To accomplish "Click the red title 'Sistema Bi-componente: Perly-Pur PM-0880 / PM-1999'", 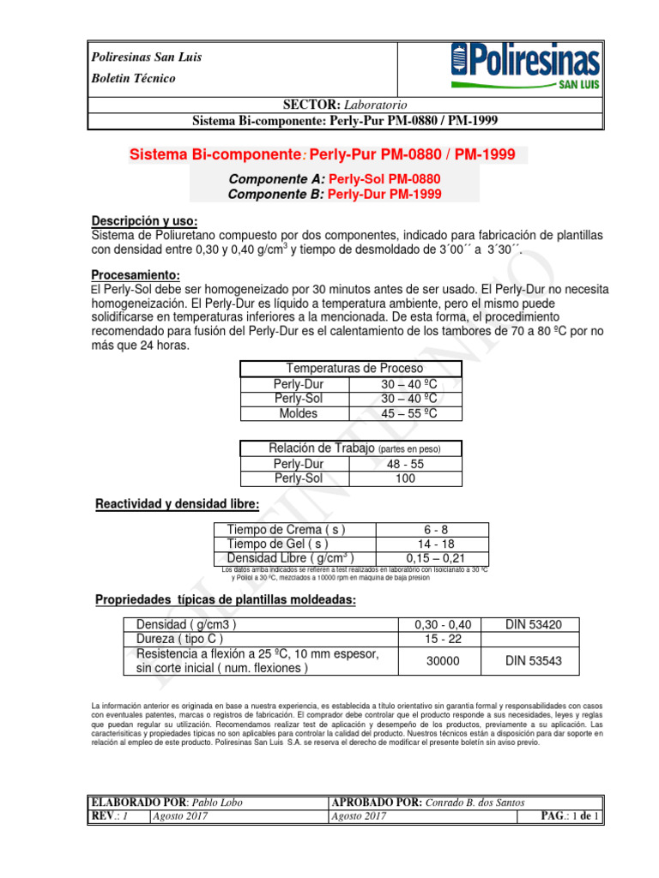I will (x=322, y=155).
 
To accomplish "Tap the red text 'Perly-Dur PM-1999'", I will (x=385, y=194).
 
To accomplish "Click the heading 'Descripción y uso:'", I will (x=144, y=220).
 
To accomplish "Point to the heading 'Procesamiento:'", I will (x=136, y=275).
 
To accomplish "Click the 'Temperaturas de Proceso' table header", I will (x=351, y=369).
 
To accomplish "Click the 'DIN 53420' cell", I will (x=532, y=625).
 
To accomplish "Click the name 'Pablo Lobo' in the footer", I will (x=215, y=802).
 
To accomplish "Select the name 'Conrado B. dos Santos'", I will (x=488, y=802).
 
